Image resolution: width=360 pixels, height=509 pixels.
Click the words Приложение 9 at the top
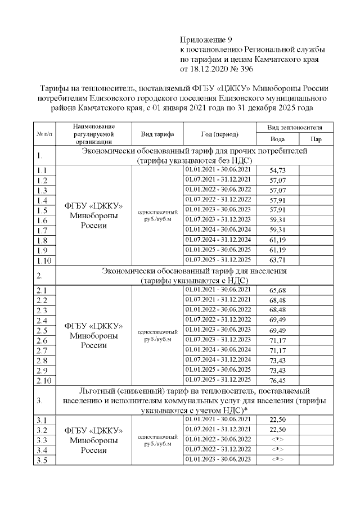click(206, 39)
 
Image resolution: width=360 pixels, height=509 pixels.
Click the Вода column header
click(277, 139)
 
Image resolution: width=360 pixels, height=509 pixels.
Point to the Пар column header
click(317, 139)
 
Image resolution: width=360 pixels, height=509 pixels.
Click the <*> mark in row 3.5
click(277, 460)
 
